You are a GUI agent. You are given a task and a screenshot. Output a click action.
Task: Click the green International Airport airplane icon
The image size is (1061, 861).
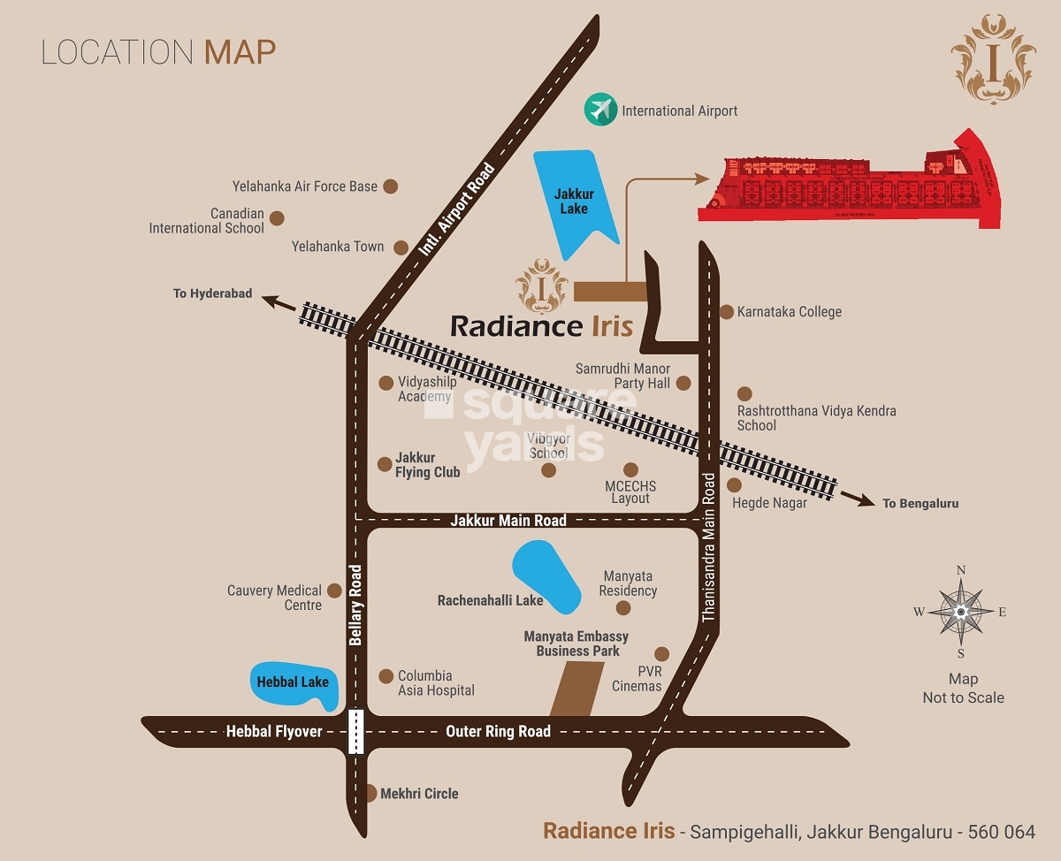pyautogui.click(x=599, y=110)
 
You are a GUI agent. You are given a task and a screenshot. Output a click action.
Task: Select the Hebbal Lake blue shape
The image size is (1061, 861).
pyautogui.click(x=293, y=682)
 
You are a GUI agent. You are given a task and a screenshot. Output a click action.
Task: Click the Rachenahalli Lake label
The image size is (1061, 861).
pyautogui.click(x=490, y=600)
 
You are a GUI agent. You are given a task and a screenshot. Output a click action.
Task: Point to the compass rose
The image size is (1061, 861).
pyautogui.click(x=960, y=611)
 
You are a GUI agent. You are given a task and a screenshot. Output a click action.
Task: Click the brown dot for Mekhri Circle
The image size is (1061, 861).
pyautogui.click(x=370, y=793)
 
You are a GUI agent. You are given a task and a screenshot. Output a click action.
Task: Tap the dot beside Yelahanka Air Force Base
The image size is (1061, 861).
pyautogui.click(x=390, y=187)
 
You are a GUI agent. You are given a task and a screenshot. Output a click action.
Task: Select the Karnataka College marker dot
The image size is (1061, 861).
pyautogui.click(x=727, y=312)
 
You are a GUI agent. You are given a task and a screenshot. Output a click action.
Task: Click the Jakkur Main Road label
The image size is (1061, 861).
pyautogui.click(x=508, y=521)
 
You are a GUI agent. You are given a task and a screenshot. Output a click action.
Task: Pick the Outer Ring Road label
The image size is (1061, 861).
pyautogui.click(x=498, y=731)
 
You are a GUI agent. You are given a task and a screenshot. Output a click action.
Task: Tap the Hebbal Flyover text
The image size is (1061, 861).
pyautogui.click(x=274, y=731)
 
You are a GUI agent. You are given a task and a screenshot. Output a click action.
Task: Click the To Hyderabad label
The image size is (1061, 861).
pyautogui.click(x=213, y=293)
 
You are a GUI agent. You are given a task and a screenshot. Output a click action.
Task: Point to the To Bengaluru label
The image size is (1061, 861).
pyautogui.click(x=920, y=504)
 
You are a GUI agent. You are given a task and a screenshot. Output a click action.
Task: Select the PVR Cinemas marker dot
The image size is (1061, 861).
pyautogui.click(x=661, y=654)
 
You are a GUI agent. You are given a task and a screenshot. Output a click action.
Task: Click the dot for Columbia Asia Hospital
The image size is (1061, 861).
pyautogui.click(x=385, y=676)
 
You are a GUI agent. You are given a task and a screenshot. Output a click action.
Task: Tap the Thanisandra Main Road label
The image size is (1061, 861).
pyautogui.click(x=709, y=547)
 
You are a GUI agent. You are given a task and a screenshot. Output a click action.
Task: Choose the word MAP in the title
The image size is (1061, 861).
pyautogui.click(x=240, y=52)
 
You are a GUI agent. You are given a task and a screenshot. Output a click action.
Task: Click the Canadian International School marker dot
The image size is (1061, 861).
pyautogui.click(x=277, y=218)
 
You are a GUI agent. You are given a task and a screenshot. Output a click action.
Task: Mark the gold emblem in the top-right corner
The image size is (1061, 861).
pyautogui.click(x=995, y=58)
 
